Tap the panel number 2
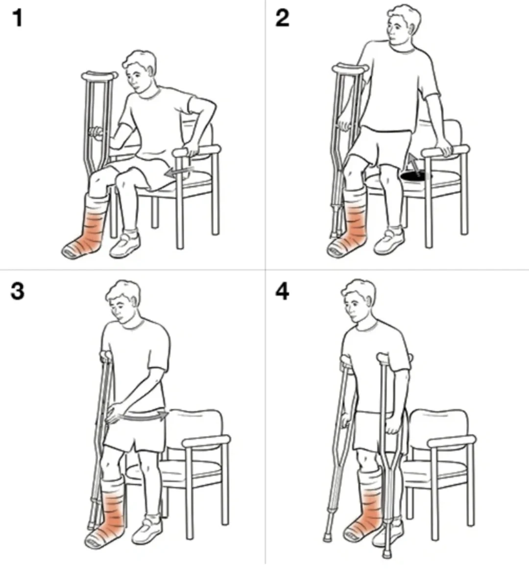(x=282, y=18)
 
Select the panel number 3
(x=17, y=292)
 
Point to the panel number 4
(x=282, y=292)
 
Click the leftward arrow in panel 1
(x=179, y=171)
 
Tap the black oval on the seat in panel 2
(x=416, y=176)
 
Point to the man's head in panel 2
(x=403, y=24)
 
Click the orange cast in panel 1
(x=86, y=229)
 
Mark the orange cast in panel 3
(x=109, y=513)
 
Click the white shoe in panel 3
(x=147, y=530)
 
